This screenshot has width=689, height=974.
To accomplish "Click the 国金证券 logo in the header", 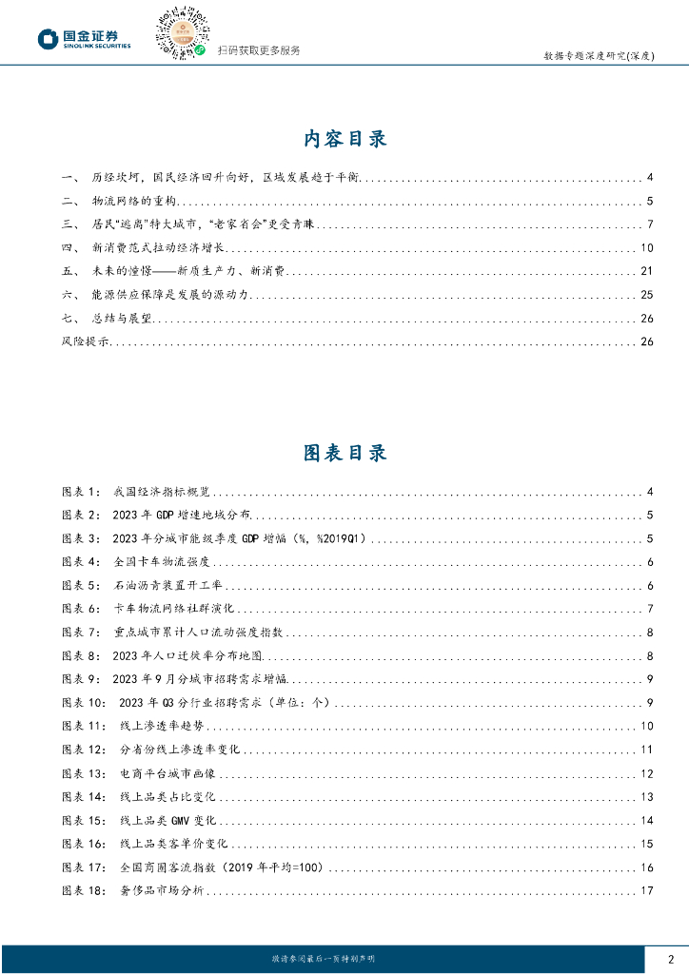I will pos(84,39).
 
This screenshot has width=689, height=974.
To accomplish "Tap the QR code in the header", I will pos(181,33).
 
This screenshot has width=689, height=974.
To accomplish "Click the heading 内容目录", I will pos(344,139).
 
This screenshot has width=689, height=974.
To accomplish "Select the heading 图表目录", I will pos(344,453).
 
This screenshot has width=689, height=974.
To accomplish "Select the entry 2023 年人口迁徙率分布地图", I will pos(187,655).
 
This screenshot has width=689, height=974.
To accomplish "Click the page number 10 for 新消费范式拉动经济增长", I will pos(646,248).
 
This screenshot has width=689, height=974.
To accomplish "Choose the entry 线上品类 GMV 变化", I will pos(169,821).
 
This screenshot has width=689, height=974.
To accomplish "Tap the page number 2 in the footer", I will pos(671,959).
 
